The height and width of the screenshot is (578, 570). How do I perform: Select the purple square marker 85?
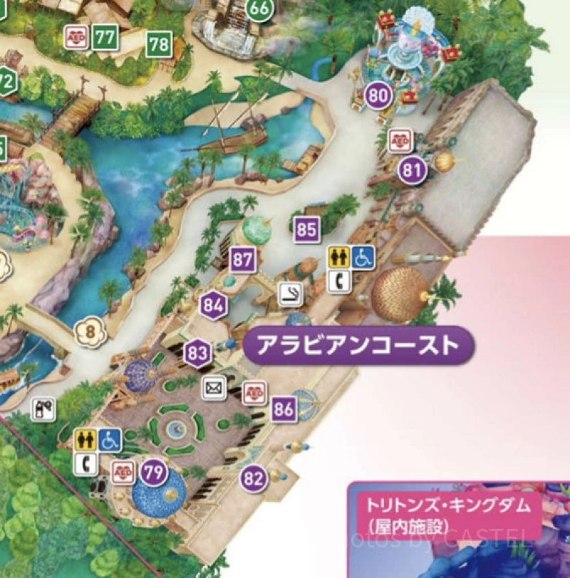tap(306, 230)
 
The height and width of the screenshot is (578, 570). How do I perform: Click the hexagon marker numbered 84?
tap(213, 307)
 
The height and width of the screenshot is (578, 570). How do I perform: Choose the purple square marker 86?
tap(284, 409)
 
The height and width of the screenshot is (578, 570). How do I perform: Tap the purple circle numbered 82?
tap(254, 478)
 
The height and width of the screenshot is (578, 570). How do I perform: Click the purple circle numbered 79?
tap(152, 471)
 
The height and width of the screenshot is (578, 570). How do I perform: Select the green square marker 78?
tap(159, 45)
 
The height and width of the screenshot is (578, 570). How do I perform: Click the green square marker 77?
tap(105, 38)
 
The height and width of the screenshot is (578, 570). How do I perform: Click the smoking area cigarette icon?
tap(289, 294)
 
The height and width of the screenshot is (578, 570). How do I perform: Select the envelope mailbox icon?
tap(213, 388)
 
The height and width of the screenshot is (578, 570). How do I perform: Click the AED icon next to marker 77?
tap(76, 37)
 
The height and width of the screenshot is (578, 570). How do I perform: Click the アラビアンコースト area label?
tap(357, 346)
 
